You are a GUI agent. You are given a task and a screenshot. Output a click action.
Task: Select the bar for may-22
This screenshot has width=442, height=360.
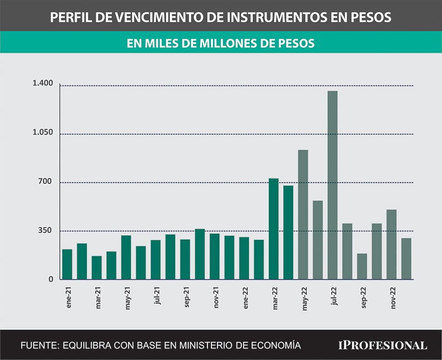[303, 215]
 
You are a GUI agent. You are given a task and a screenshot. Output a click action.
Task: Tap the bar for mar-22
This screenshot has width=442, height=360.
[273, 229]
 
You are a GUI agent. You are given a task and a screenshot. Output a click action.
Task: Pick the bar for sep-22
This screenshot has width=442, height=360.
[362, 266]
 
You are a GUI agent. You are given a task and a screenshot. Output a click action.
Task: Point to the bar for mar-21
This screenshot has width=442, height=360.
[96, 267]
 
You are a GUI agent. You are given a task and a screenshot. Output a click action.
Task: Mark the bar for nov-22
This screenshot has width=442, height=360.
[391, 244]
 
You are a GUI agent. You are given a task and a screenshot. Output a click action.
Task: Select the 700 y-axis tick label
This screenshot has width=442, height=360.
[46, 181]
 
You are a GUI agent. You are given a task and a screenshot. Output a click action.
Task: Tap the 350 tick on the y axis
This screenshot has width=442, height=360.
[46, 230]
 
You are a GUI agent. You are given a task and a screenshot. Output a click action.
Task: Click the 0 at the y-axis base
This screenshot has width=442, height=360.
[50, 279]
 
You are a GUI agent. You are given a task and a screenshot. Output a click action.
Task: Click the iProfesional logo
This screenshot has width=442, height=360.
[382, 345]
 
